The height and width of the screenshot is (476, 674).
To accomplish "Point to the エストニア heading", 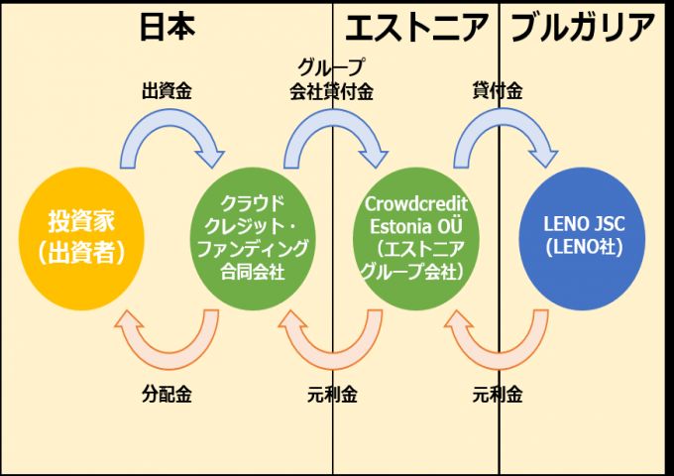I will click(416, 28).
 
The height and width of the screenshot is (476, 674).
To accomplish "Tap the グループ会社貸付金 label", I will click(332, 80).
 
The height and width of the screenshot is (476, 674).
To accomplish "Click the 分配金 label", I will click(166, 394).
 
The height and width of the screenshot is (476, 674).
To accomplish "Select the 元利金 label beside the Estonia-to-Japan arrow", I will click(332, 394).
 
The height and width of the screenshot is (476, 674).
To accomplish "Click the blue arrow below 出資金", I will click(168, 139).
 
